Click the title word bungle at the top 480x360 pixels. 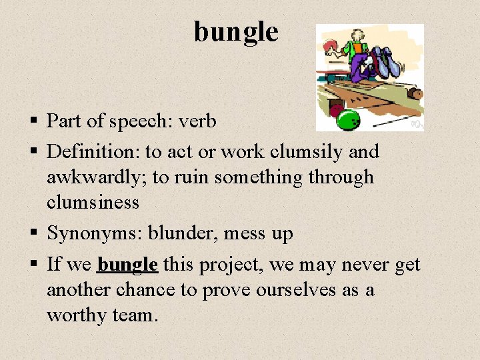point(236,31)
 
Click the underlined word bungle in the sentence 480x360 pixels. point(127,265)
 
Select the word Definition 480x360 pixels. point(92,152)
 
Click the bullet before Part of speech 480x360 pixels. point(33,122)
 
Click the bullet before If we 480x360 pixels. point(33,265)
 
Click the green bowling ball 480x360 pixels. point(348,120)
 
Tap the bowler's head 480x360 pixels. point(358,36)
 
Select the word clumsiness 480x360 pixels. point(93,203)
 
